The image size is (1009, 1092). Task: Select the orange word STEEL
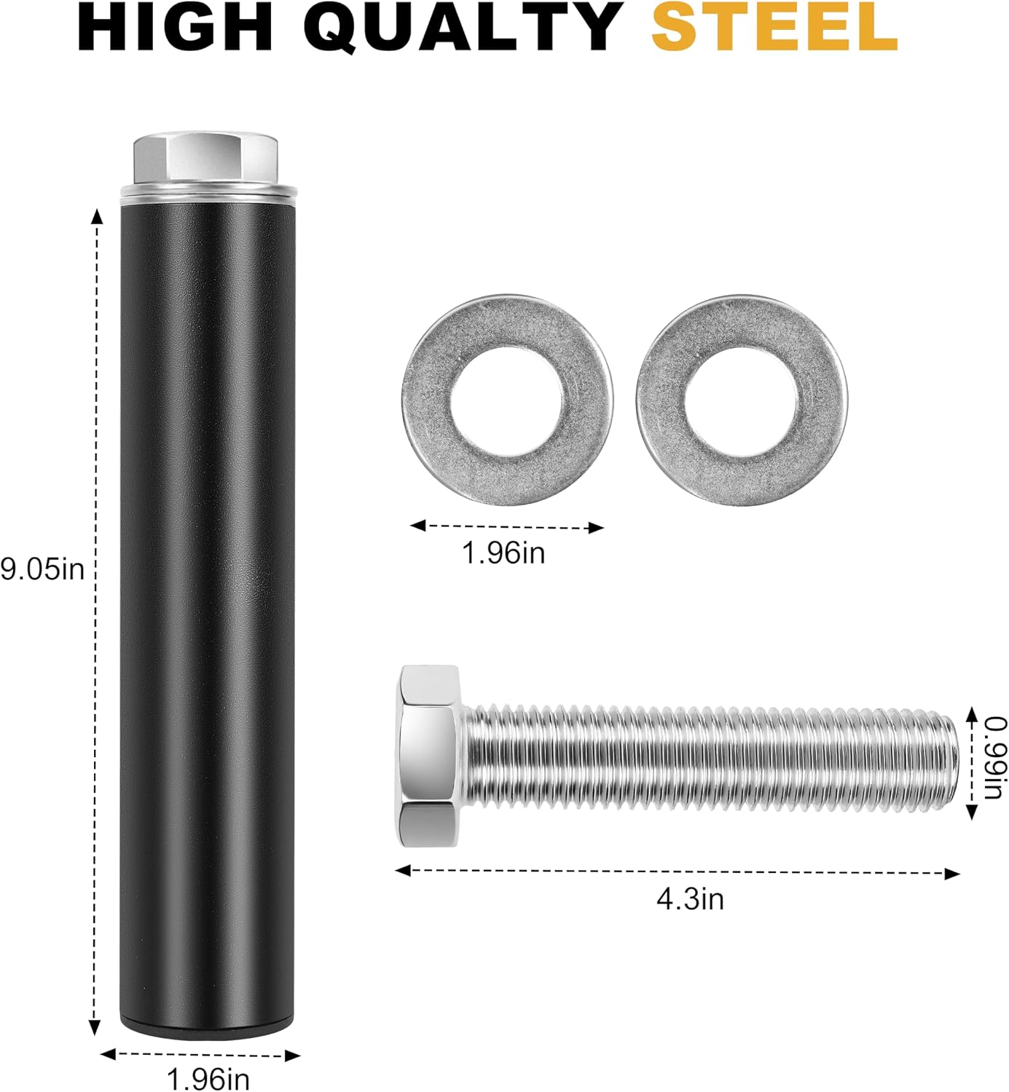point(774,27)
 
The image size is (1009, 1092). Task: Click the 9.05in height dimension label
point(42,569)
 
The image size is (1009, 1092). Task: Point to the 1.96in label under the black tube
point(208,1077)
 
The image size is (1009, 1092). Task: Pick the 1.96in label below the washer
point(503,552)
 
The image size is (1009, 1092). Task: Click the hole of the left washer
point(507,401)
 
